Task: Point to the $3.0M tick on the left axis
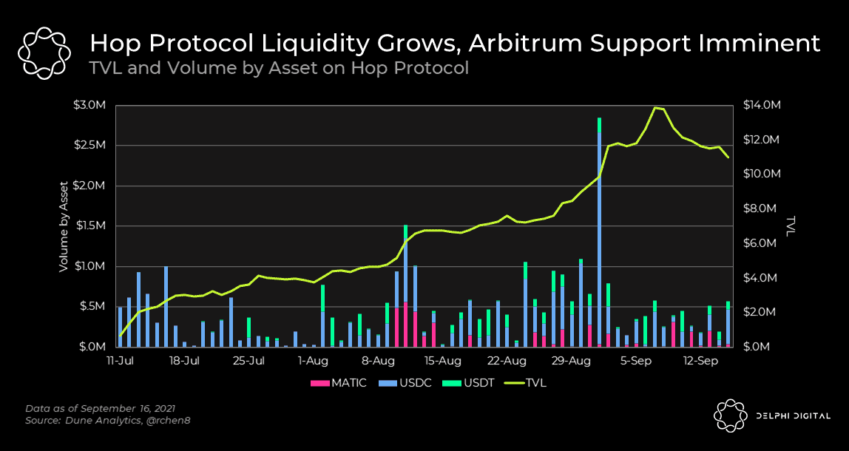coord(90,105)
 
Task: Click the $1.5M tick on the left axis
coord(90,225)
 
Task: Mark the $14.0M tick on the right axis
coord(761,105)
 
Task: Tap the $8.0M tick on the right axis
coord(759,208)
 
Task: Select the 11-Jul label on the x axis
coord(120,362)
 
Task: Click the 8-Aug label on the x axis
coord(378,362)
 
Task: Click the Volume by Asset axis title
coord(64,225)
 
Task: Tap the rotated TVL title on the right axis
coord(791,225)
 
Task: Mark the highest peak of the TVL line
coord(654,108)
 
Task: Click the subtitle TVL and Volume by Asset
coord(279,69)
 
